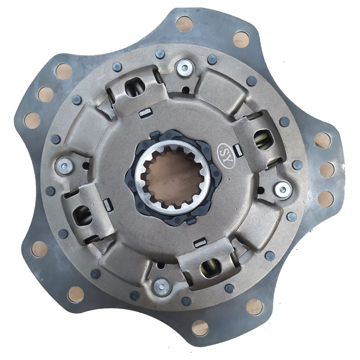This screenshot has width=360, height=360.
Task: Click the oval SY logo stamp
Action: [x=226, y=155]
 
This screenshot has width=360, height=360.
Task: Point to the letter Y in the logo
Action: [x=229, y=160]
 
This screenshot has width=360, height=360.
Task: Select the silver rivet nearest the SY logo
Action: [x=283, y=189]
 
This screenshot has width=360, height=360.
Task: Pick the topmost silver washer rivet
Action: [x=184, y=67]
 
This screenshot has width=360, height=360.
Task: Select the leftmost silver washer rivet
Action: [x=64, y=166]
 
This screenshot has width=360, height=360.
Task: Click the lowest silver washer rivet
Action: [x=162, y=287]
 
